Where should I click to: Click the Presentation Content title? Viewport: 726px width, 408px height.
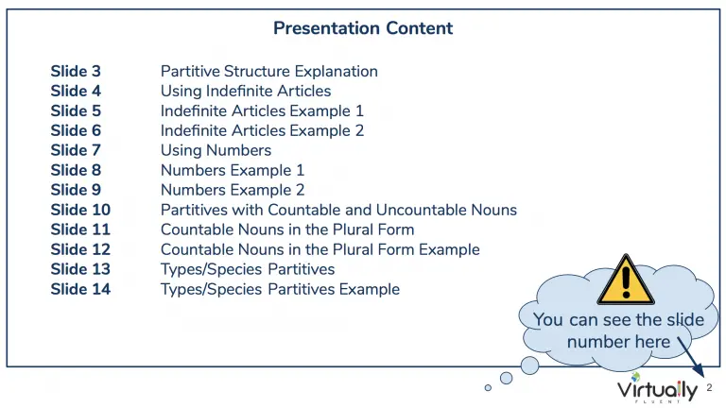point(363,28)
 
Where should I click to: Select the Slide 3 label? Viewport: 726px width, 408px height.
point(76,71)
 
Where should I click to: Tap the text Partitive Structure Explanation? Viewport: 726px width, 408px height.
point(269,71)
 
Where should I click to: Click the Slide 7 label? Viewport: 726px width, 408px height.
point(76,150)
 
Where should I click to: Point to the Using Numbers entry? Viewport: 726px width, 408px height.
point(216,151)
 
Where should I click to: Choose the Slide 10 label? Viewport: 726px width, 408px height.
point(80,210)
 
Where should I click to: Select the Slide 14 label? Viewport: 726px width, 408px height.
point(80,289)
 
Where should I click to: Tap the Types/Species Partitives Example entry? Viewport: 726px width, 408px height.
point(280,290)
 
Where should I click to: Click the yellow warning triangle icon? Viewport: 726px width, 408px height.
point(626,280)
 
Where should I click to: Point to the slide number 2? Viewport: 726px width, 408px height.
point(709,387)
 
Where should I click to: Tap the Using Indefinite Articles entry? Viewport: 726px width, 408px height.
point(246,91)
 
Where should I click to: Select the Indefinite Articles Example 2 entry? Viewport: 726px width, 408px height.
point(262,131)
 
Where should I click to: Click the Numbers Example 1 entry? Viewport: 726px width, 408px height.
point(233,171)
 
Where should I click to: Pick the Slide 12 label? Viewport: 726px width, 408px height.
point(80,249)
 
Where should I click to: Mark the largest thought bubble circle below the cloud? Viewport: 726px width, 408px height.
point(529,365)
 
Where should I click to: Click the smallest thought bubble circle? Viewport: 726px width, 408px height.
point(488,387)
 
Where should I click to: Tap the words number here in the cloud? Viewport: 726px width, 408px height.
point(618,342)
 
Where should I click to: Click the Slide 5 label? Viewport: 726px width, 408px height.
point(76,111)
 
